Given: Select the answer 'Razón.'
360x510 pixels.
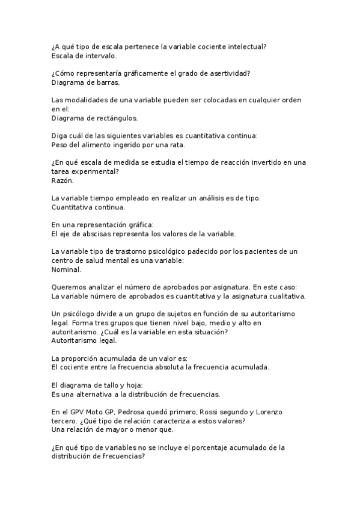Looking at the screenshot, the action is (63, 180).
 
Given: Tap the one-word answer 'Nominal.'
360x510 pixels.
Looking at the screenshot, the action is (66, 269).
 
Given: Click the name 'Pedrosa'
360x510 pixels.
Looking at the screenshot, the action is (132, 411).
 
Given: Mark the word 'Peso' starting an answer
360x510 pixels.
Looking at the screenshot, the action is (60, 145).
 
